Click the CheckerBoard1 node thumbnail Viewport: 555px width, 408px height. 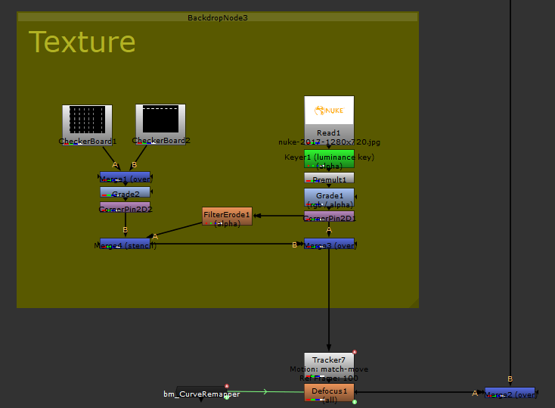(x=87, y=121)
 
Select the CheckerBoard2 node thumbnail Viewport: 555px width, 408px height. (x=160, y=120)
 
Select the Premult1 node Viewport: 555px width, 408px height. (x=329, y=178)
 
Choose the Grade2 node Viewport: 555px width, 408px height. (x=125, y=193)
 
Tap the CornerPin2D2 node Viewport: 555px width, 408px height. (x=125, y=207)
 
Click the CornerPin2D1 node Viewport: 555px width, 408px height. (x=329, y=217)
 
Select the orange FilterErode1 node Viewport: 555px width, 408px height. (x=227, y=216)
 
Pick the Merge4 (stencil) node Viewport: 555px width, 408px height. (x=125, y=244)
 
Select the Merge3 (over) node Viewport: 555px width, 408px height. (x=329, y=244)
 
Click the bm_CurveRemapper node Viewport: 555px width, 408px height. (x=201, y=394)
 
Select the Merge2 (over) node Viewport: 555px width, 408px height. (x=510, y=392)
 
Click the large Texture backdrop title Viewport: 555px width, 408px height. (x=82, y=42)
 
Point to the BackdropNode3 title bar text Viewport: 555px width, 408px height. (x=217, y=17)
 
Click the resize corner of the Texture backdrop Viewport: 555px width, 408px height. (x=414, y=304)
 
